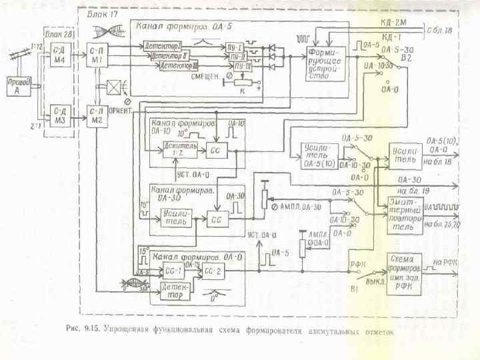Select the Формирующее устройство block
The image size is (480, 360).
click(x=327, y=64)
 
